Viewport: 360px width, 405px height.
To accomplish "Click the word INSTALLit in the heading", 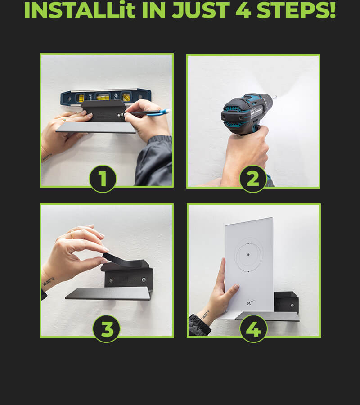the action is coord(80,10).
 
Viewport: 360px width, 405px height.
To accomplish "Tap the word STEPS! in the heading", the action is coord(296,10).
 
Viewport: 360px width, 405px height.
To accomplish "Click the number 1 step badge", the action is coord(103,179).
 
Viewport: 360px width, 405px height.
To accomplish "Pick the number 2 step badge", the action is coord(253,179).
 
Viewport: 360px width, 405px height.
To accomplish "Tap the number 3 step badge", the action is coord(106,329).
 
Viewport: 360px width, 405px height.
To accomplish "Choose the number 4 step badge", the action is coord(253,329).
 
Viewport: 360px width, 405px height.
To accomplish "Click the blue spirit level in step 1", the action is coord(106,97).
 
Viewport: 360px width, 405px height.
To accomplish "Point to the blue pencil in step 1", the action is coord(147,112).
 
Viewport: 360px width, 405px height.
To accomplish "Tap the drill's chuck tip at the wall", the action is coord(276,97).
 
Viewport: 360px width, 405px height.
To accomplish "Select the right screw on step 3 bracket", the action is coord(144,280).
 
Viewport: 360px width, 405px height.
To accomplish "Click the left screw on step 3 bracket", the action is coord(111,280).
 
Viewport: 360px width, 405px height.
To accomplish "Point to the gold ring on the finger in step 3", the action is coord(72,234).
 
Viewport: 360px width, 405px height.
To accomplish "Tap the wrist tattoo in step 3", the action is coord(49,281).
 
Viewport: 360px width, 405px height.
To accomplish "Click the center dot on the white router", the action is coord(248,255).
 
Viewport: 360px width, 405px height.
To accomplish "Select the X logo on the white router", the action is coord(250,302).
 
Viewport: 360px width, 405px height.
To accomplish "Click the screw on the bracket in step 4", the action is coord(292,305).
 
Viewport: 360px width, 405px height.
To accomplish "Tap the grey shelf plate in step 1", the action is coord(96,128).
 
